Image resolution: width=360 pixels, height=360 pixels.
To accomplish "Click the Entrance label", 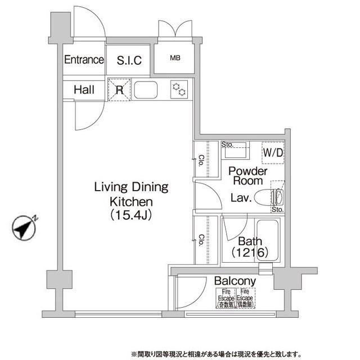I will [84, 60].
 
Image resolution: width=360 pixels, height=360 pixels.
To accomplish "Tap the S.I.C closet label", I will [129, 60].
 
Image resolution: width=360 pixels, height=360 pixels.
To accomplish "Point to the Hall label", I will [83, 89].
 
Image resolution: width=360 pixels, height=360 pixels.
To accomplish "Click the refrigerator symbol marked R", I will [120, 89].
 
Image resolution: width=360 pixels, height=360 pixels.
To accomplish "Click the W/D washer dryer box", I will [273, 152].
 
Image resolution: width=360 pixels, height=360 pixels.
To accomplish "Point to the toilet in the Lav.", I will [269, 198].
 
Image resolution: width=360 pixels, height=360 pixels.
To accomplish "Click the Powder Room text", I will [247, 176].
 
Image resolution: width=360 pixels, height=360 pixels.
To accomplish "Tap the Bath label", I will [248, 242].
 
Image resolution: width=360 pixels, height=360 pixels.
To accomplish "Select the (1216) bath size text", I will [247, 254].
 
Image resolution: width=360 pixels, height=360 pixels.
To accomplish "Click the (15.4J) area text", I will [131, 214].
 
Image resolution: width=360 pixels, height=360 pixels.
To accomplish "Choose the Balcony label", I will [235, 281].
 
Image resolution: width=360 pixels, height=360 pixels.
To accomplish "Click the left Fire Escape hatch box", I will [227, 298].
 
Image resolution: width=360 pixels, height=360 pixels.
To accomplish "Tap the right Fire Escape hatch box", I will [246, 298].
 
